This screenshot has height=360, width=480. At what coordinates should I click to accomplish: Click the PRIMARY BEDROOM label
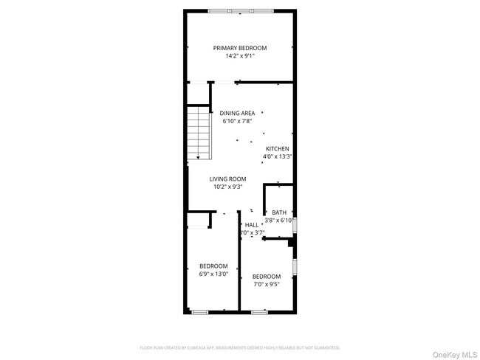click(240, 48)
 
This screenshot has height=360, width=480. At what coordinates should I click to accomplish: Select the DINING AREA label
click(237, 113)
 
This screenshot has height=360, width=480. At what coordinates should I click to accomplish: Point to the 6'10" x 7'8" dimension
click(237, 121)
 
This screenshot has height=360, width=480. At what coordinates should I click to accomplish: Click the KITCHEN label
click(278, 148)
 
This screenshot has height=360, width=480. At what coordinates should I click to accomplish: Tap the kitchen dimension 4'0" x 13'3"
click(278, 156)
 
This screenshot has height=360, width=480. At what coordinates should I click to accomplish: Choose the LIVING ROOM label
click(227, 179)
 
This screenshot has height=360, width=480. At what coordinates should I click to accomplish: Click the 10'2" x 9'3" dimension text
click(227, 187)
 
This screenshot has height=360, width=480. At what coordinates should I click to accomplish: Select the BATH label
click(279, 212)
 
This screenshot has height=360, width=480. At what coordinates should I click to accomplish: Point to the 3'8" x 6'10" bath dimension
click(280, 220)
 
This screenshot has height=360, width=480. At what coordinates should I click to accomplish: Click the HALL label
click(252, 225)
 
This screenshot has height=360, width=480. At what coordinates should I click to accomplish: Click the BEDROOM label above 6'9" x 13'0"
click(213, 266)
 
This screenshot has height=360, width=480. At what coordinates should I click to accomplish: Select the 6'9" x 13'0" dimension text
click(213, 274)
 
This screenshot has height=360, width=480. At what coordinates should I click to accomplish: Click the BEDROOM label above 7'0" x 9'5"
click(267, 277)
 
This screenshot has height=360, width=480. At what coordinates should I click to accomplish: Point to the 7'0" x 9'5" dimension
click(267, 285)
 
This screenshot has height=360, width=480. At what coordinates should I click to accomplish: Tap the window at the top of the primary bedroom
click(240, 10)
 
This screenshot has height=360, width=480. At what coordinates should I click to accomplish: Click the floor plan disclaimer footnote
click(240, 347)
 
